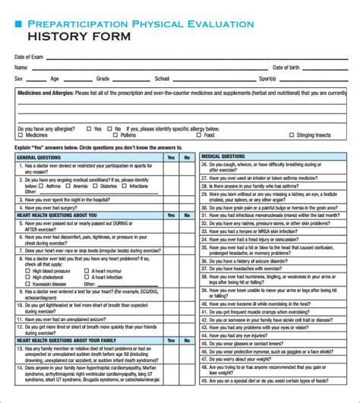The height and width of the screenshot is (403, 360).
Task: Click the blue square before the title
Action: (x=18, y=24)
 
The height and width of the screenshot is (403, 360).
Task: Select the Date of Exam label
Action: (x=29, y=57)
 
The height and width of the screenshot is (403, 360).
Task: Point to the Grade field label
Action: (x=103, y=78)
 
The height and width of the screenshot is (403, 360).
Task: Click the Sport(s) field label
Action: (x=267, y=78)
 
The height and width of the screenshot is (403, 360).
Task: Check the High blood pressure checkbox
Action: (x=28, y=270)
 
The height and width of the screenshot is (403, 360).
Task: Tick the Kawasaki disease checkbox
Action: (x=28, y=285)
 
